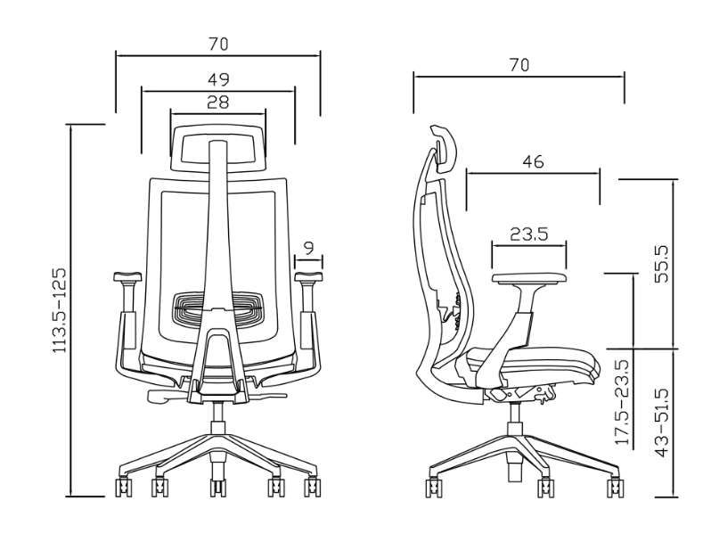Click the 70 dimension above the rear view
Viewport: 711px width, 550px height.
(x=218, y=44)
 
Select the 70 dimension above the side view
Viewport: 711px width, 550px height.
(x=519, y=65)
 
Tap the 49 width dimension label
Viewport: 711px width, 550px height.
(x=218, y=79)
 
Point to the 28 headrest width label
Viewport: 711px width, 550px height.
(x=218, y=103)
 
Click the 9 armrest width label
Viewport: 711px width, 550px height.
(x=308, y=248)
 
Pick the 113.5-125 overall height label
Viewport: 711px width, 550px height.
(x=60, y=310)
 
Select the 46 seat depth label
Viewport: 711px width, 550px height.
(x=533, y=161)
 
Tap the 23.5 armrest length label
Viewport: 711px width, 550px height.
(x=529, y=234)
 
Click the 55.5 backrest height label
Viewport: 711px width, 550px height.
(x=662, y=264)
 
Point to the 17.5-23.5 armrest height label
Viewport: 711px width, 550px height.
(x=622, y=403)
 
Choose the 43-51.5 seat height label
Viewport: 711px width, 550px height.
(x=662, y=423)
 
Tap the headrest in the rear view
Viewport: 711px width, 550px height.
(x=218, y=148)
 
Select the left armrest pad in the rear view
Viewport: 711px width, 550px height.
(x=127, y=276)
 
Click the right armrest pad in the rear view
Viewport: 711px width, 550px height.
(x=309, y=276)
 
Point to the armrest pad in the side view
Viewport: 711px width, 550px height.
(x=529, y=278)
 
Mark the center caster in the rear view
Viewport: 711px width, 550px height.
(x=218, y=488)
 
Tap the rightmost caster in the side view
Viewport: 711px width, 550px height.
(x=615, y=488)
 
